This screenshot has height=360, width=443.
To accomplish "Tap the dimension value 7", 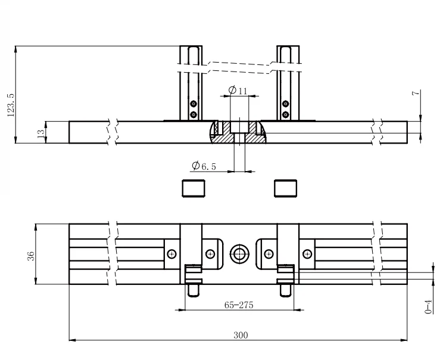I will pyautogui.click(x=416, y=93).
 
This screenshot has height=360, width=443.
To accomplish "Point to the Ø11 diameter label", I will pyautogui.click(x=238, y=90).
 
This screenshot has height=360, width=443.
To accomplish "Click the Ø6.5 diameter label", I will pyautogui.click(x=204, y=166).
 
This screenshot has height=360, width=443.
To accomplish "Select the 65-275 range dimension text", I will pyautogui.click(x=239, y=305).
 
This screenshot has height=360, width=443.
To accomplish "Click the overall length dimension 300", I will pyautogui.click(x=240, y=335).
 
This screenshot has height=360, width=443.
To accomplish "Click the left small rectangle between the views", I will pyautogui.click(x=193, y=188).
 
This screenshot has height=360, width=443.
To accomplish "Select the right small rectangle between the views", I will pyautogui.click(x=286, y=188).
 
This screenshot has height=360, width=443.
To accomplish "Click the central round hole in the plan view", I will pyautogui.click(x=240, y=254).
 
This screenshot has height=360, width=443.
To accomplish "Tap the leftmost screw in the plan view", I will pyautogui.click(x=172, y=254).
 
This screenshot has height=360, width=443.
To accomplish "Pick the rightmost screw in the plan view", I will pyautogui.click(x=307, y=254).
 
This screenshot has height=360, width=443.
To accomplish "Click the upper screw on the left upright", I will pyautogui.click(x=193, y=103).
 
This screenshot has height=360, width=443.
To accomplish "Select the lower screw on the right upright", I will pyautogui.click(x=286, y=113).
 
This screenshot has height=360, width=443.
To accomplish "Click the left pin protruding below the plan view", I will pyautogui.click(x=194, y=290).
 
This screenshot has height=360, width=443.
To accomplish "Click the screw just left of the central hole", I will pyautogui.click(x=210, y=254).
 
